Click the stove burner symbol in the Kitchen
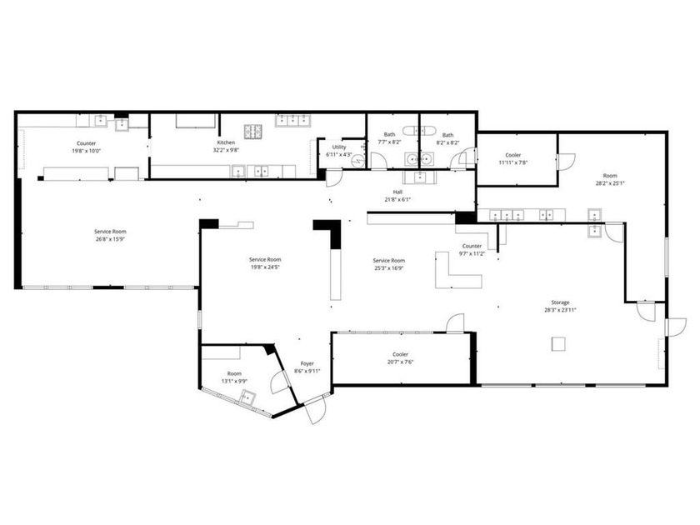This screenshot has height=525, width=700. (x=252, y=131)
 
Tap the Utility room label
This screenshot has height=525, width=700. (x=338, y=151)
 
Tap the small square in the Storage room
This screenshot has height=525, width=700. (x=557, y=342)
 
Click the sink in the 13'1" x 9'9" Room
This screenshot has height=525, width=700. (x=247, y=396)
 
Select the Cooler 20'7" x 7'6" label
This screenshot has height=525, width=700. (x=400, y=358)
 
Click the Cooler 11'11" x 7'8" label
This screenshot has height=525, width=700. (x=513, y=158)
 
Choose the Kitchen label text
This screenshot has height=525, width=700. (x=226, y=147)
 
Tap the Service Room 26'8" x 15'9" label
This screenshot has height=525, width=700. (x=110, y=235)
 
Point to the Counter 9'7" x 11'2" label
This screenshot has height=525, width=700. (x=472, y=251)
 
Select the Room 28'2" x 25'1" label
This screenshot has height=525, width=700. (x=610, y=180)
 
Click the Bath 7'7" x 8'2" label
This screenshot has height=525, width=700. (x=389, y=138)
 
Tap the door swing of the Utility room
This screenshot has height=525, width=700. (x=332, y=177)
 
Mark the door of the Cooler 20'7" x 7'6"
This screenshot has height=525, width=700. (x=455, y=323)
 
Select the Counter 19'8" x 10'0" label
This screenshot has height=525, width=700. (x=87, y=147)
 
